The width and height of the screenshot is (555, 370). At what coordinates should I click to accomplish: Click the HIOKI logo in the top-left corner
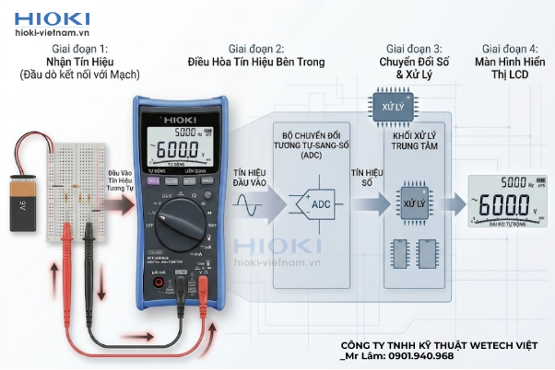coord(52,17)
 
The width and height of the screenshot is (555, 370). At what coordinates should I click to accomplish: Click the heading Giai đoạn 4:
coord(509,48)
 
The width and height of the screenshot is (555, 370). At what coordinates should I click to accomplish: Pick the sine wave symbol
coord(247,209)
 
